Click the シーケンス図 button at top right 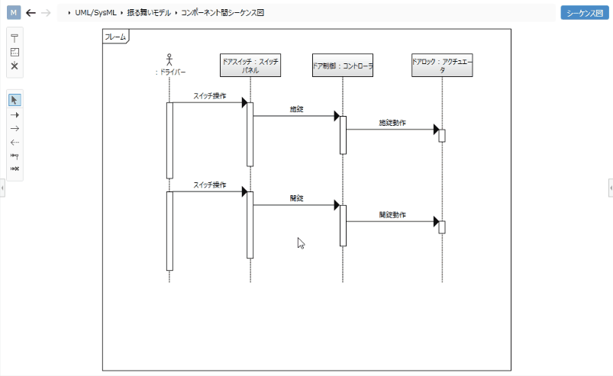click(586, 13)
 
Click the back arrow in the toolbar click(31, 13)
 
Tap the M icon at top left click(14, 13)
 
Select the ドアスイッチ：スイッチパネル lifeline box click(250, 65)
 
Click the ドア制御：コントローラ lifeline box click(343, 66)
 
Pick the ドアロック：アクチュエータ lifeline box click(441, 65)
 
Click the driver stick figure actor click(169, 59)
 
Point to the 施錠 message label click(297, 110)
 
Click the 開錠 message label click(297, 198)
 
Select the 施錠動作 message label click(392, 123)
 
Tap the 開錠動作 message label click(392, 215)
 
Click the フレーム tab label click(115, 36)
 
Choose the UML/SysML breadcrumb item click(95, 13)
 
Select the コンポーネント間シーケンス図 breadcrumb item click(222, 13)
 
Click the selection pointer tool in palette click(15, 100)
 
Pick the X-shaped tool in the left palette click(15, 66)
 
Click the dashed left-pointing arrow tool click(15, 142)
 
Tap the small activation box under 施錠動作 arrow click(441, 136)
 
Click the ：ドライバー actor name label click(169, 72)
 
